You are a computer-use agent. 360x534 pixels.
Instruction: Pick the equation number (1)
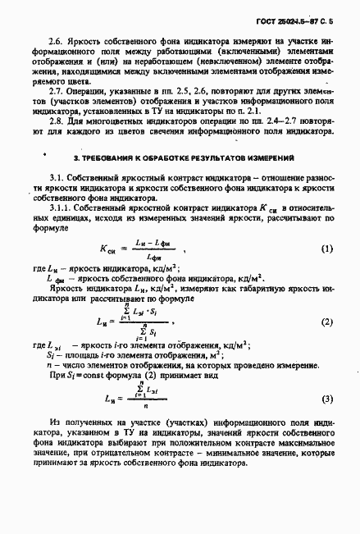(326, 249)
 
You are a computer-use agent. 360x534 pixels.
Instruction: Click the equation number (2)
(326, 322)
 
